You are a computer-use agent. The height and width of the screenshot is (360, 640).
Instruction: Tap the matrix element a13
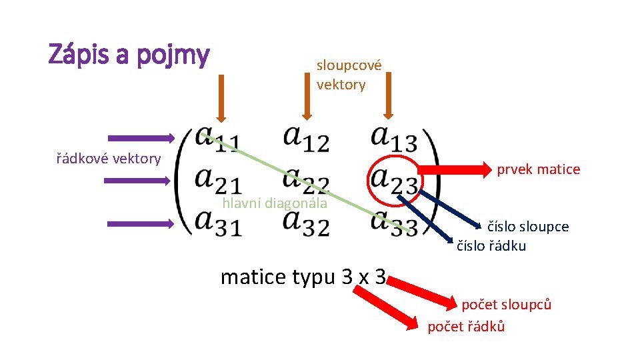394,139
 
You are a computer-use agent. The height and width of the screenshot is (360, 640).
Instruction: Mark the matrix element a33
394,222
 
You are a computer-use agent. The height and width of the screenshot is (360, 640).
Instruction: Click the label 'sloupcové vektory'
349,75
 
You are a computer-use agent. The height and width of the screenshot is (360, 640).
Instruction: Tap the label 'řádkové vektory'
108,159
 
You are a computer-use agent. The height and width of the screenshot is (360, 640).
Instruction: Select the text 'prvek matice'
538,169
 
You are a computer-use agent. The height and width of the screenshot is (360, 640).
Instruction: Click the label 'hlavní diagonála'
275,203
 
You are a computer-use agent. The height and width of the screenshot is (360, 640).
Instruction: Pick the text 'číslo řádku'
491,246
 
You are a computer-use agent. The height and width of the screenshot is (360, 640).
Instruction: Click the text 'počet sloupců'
506,305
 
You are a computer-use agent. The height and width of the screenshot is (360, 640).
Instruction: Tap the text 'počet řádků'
466,326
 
